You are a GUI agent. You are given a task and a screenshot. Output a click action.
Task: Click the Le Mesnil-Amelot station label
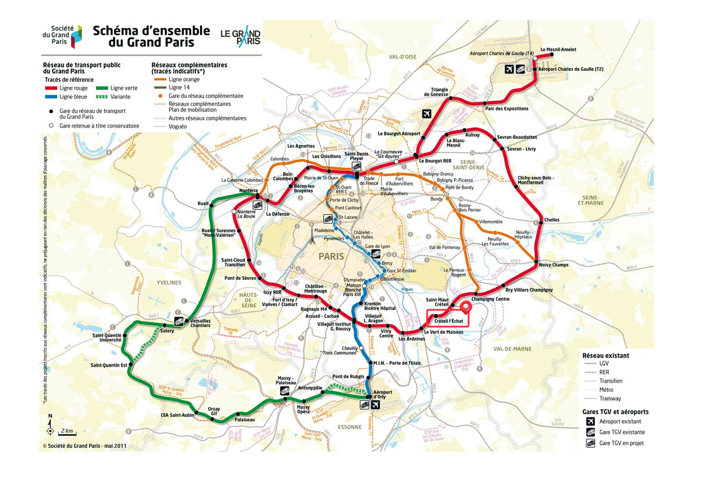click(558, 49)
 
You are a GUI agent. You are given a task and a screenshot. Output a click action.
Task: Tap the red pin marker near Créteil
click(466, 307)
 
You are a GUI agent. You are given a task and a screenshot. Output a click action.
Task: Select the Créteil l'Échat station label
click(448, 321)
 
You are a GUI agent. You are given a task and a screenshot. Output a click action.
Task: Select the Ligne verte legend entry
click(123, 88)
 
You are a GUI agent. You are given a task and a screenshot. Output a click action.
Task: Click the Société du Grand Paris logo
click(62, 36)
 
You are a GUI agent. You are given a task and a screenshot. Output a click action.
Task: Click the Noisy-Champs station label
click(554, 265)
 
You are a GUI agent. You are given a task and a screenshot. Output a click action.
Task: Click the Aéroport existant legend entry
click(620, 421)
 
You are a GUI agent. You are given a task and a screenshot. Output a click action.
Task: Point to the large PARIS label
click(331, 256)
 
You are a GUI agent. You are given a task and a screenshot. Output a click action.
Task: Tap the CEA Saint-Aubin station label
click(177, 415)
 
